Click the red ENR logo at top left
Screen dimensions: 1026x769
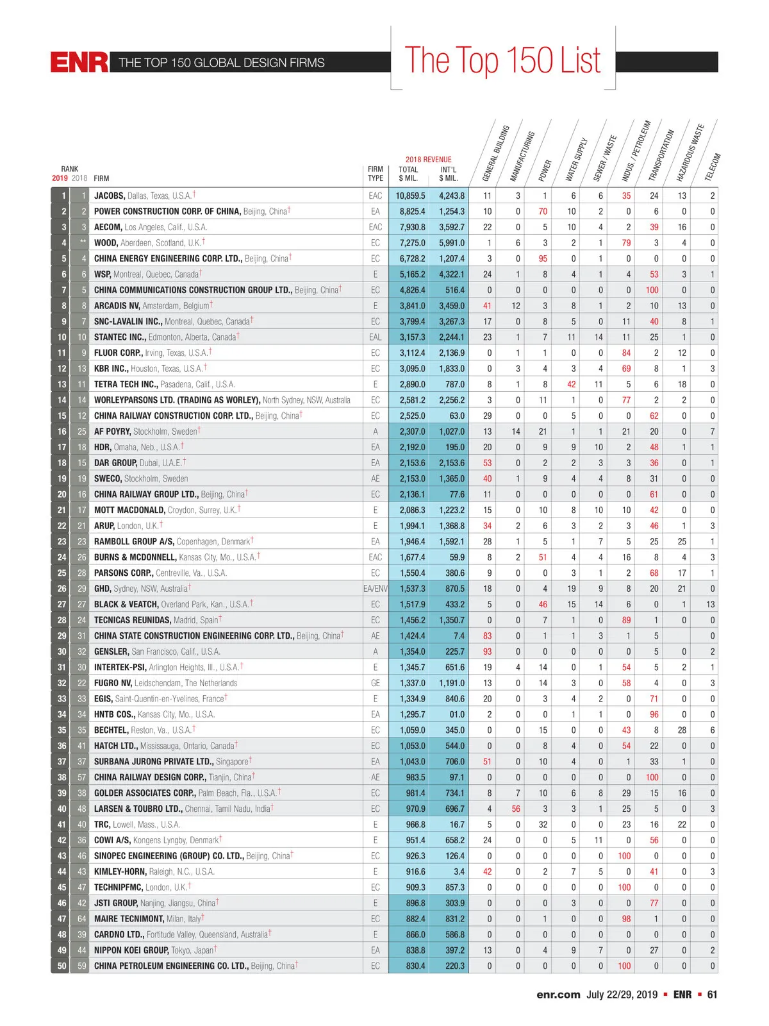79,62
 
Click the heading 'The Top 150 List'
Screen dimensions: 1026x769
502,61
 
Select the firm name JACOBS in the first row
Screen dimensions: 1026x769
110,196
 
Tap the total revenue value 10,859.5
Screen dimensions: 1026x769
410,196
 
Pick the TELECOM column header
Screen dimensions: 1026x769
713,167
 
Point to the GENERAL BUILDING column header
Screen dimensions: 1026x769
495,154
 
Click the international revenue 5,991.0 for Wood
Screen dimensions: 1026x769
452,243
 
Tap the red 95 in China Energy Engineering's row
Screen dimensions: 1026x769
543,258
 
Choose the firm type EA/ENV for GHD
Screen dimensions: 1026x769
376,589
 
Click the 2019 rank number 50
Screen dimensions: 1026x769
62,966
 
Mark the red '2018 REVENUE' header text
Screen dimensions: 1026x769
428,160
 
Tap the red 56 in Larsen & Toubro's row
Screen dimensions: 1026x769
516,809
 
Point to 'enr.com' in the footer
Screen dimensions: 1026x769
558,995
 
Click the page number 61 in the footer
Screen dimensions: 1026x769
712,995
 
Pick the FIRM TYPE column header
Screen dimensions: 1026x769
376,174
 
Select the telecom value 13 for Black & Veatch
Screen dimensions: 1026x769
710,604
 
